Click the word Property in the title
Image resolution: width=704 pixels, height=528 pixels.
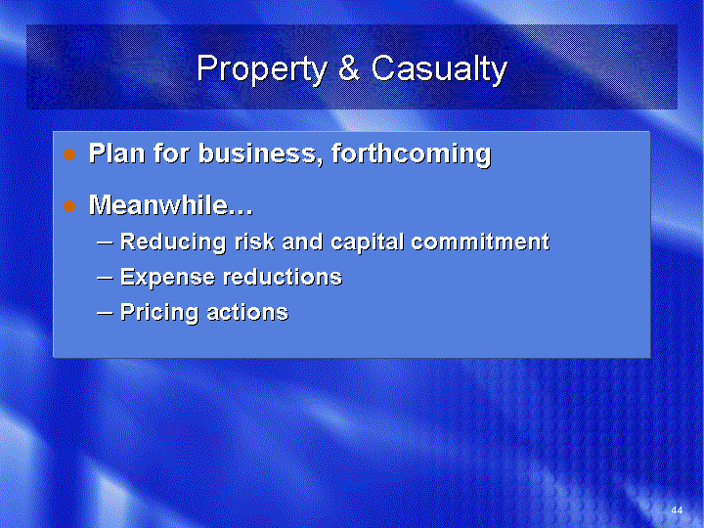[x=262, y=69]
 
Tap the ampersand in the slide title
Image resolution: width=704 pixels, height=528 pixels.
[x=349, y=67]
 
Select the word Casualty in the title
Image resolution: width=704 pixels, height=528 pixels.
[x=439, y=69]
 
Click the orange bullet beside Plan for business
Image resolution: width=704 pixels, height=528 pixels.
[x=69, y=154]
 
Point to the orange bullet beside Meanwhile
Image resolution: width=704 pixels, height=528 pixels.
[x=69, y=206]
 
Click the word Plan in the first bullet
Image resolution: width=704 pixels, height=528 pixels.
[x=116, y=154]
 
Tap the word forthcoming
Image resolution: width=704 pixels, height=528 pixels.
[x=412, y=154]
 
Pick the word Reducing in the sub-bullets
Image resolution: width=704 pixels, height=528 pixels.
[x=173, y=242]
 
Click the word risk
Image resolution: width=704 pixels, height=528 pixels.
[x=254, y=242]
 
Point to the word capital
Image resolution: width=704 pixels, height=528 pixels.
[x=367, y=242]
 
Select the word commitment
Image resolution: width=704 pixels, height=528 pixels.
[x=480, y=242]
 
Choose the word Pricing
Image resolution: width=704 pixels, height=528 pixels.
[x=159, y=313]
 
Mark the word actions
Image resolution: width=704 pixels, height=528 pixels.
[x=247, y=313]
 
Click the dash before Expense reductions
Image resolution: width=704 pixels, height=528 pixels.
[x=105, y=279]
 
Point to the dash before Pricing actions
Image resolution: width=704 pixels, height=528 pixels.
[x=105, y=314]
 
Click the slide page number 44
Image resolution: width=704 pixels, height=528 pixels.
[x=677, y=510]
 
